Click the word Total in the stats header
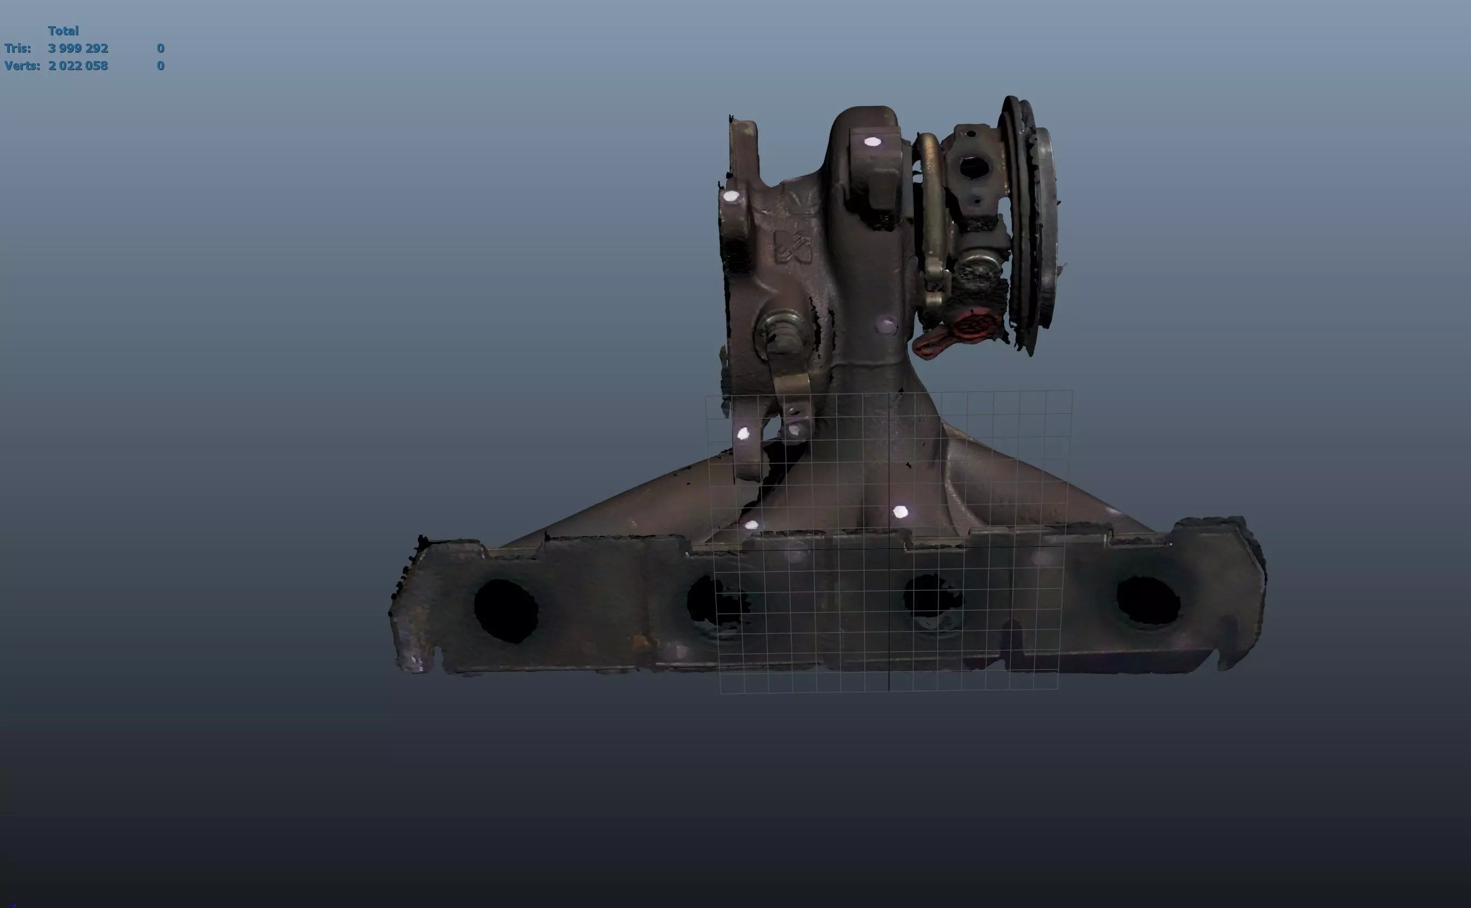click(63, 30)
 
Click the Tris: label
click(17, 48)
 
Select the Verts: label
click(22, 65)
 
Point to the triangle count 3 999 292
click(78, 48)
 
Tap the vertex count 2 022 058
click(78, 65)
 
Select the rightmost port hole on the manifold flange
click(1147, 601)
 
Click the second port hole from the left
click(714, 601)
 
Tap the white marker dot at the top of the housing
click(873, 142)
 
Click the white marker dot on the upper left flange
click(731, 196)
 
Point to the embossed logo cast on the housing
click(793, 246)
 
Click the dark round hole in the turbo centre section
click(973, 166)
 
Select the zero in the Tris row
click(160, 48)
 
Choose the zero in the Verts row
click(160, 65)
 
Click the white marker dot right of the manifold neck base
click(900, 511)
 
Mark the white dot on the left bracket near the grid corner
click(743, 434)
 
